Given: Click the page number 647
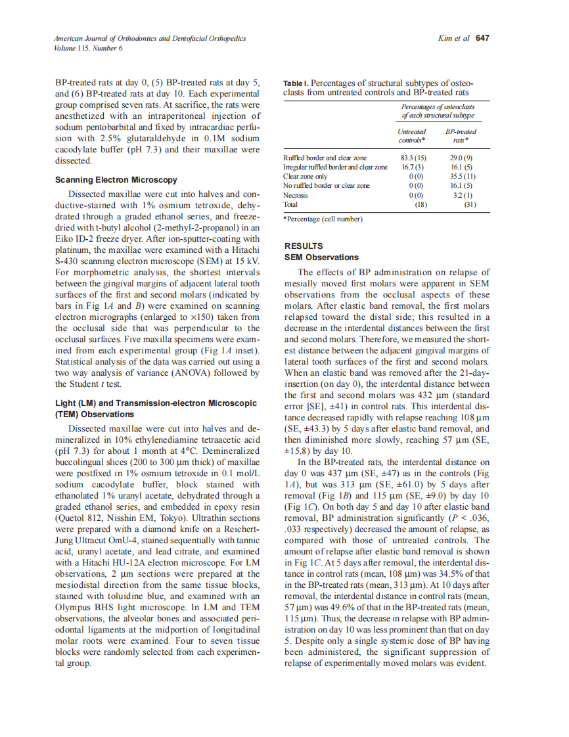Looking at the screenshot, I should click(483, 38).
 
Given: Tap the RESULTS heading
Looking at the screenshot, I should click(303, 246).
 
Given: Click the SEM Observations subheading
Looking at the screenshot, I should click(321, 257).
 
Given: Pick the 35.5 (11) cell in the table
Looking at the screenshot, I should click(463, 177).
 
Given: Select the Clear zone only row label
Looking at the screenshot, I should click(305, 177).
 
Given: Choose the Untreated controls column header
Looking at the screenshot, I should click(412, 136).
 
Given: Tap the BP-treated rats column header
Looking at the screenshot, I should click(461, 136).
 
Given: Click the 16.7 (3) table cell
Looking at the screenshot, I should click(412, 167).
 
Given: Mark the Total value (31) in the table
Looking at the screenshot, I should click(470, 205).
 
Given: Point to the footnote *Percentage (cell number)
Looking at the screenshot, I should click(323, 218).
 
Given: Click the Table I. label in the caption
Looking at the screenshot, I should click(295, 84).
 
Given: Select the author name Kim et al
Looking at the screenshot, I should click(453, 38).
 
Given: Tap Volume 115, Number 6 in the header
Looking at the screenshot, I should click(89, 48).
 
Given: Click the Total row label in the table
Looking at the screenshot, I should click(290, 205).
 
